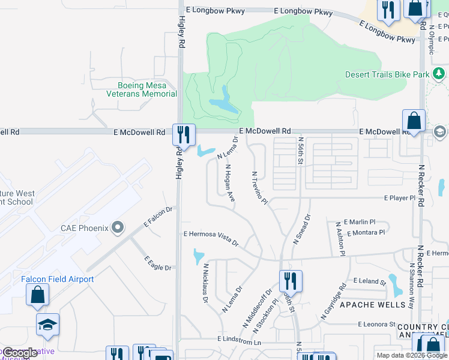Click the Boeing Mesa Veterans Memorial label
(x=142, y=89)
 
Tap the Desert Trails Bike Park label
(x=387, y=75)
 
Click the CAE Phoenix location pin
(x=118, y=228)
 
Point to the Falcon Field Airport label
(x=58, y=279)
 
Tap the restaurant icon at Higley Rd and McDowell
(x=184, y=134)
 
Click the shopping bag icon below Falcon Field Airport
(x=37, y=295)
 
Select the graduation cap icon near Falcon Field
(x=48, y=325)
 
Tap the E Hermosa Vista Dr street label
(x=211, y=238)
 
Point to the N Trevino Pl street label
(x=259, y=188)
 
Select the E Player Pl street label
(x=400, y=198)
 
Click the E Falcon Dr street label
(x=158, y=217)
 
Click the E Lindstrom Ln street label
(x=240, y=341)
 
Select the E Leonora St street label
(x=376, y=324)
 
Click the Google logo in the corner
(x=20, y=352)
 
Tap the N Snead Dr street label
(x=301, y=229)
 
